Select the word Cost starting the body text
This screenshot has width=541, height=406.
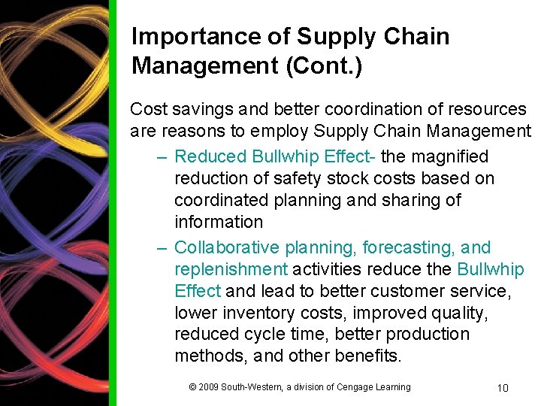147,109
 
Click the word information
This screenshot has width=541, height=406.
219,222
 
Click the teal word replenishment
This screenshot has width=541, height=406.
231,269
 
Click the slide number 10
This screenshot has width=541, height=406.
503,388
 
